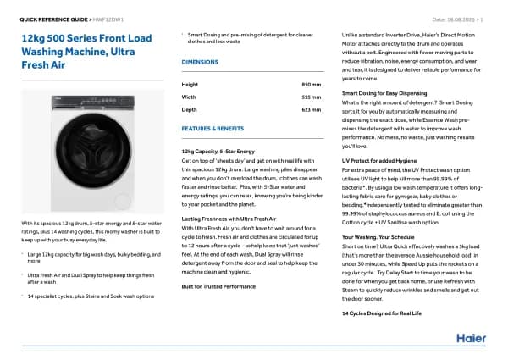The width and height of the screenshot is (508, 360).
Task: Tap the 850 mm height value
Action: tap(312, 85)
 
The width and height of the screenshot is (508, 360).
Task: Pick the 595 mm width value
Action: tap(312, 97)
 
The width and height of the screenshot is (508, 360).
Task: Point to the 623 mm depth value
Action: tap(312, 110)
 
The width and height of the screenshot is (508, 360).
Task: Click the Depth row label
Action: tap(190, 110)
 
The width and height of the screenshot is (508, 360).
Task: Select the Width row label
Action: tap(190, 97)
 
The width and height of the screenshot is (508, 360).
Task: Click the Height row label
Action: tap(190, 85)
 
